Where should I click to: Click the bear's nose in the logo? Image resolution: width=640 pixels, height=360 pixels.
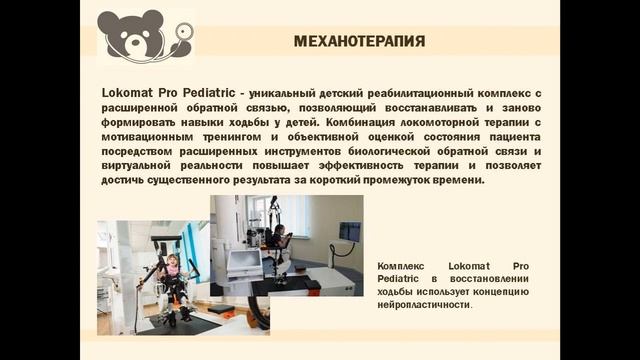136,42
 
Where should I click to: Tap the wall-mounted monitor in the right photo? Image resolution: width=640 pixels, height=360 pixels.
349,231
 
